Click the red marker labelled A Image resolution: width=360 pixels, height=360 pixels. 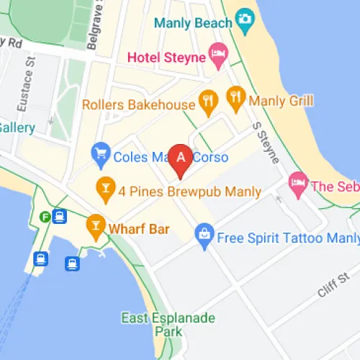click(x=181, y=158)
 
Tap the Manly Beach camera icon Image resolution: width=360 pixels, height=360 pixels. click(x=246, y=18)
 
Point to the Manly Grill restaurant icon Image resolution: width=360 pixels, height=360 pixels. click(x=234, y=96)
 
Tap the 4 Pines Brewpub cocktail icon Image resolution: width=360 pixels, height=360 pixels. click(x=105, y=189)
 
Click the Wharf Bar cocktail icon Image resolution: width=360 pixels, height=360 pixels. click(x=94, y=225)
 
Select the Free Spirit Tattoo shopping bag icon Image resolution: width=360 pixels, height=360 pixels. click(x=204, y=234)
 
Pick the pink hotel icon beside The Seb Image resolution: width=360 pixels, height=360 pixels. click(x=297, y=184)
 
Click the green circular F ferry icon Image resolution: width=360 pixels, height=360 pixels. click(x=45, y=215)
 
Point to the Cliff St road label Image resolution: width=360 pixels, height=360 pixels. click(x=330, y=289)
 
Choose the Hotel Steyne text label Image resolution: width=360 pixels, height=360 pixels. click(x=166, y=55)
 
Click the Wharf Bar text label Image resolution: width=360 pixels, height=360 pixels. click(x=139, y=230)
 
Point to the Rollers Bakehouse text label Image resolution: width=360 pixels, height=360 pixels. click(x=139, y=105)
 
